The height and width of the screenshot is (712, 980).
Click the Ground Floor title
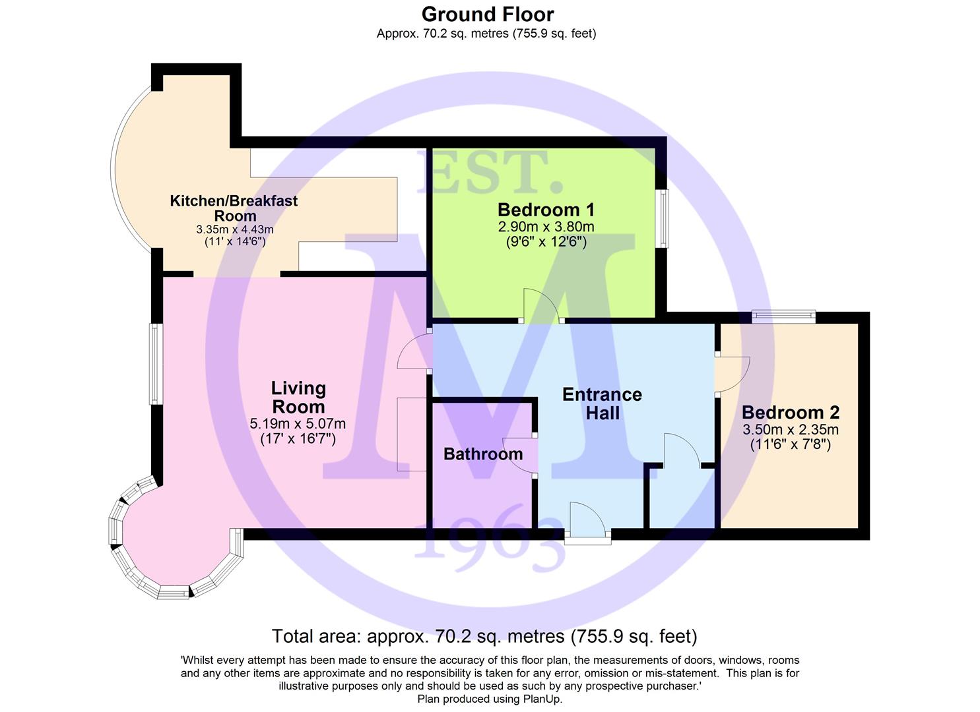488,15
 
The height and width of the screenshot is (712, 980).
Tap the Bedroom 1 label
546,210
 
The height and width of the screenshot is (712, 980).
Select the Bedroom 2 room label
791,412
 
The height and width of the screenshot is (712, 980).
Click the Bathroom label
483,454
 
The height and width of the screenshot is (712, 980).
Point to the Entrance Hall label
602,404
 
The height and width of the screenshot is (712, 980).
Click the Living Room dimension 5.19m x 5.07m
298,423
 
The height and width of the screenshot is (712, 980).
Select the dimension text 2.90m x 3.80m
546,227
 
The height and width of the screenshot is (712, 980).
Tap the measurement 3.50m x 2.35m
791,429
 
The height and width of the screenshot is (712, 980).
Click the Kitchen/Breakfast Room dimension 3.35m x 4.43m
235,229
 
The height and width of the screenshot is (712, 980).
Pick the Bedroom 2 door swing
733,374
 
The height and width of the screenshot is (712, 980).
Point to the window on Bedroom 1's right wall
664,218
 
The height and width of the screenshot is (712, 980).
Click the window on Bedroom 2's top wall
784,316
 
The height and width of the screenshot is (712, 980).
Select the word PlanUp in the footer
542,699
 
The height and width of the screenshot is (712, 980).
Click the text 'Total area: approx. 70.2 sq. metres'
418,636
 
